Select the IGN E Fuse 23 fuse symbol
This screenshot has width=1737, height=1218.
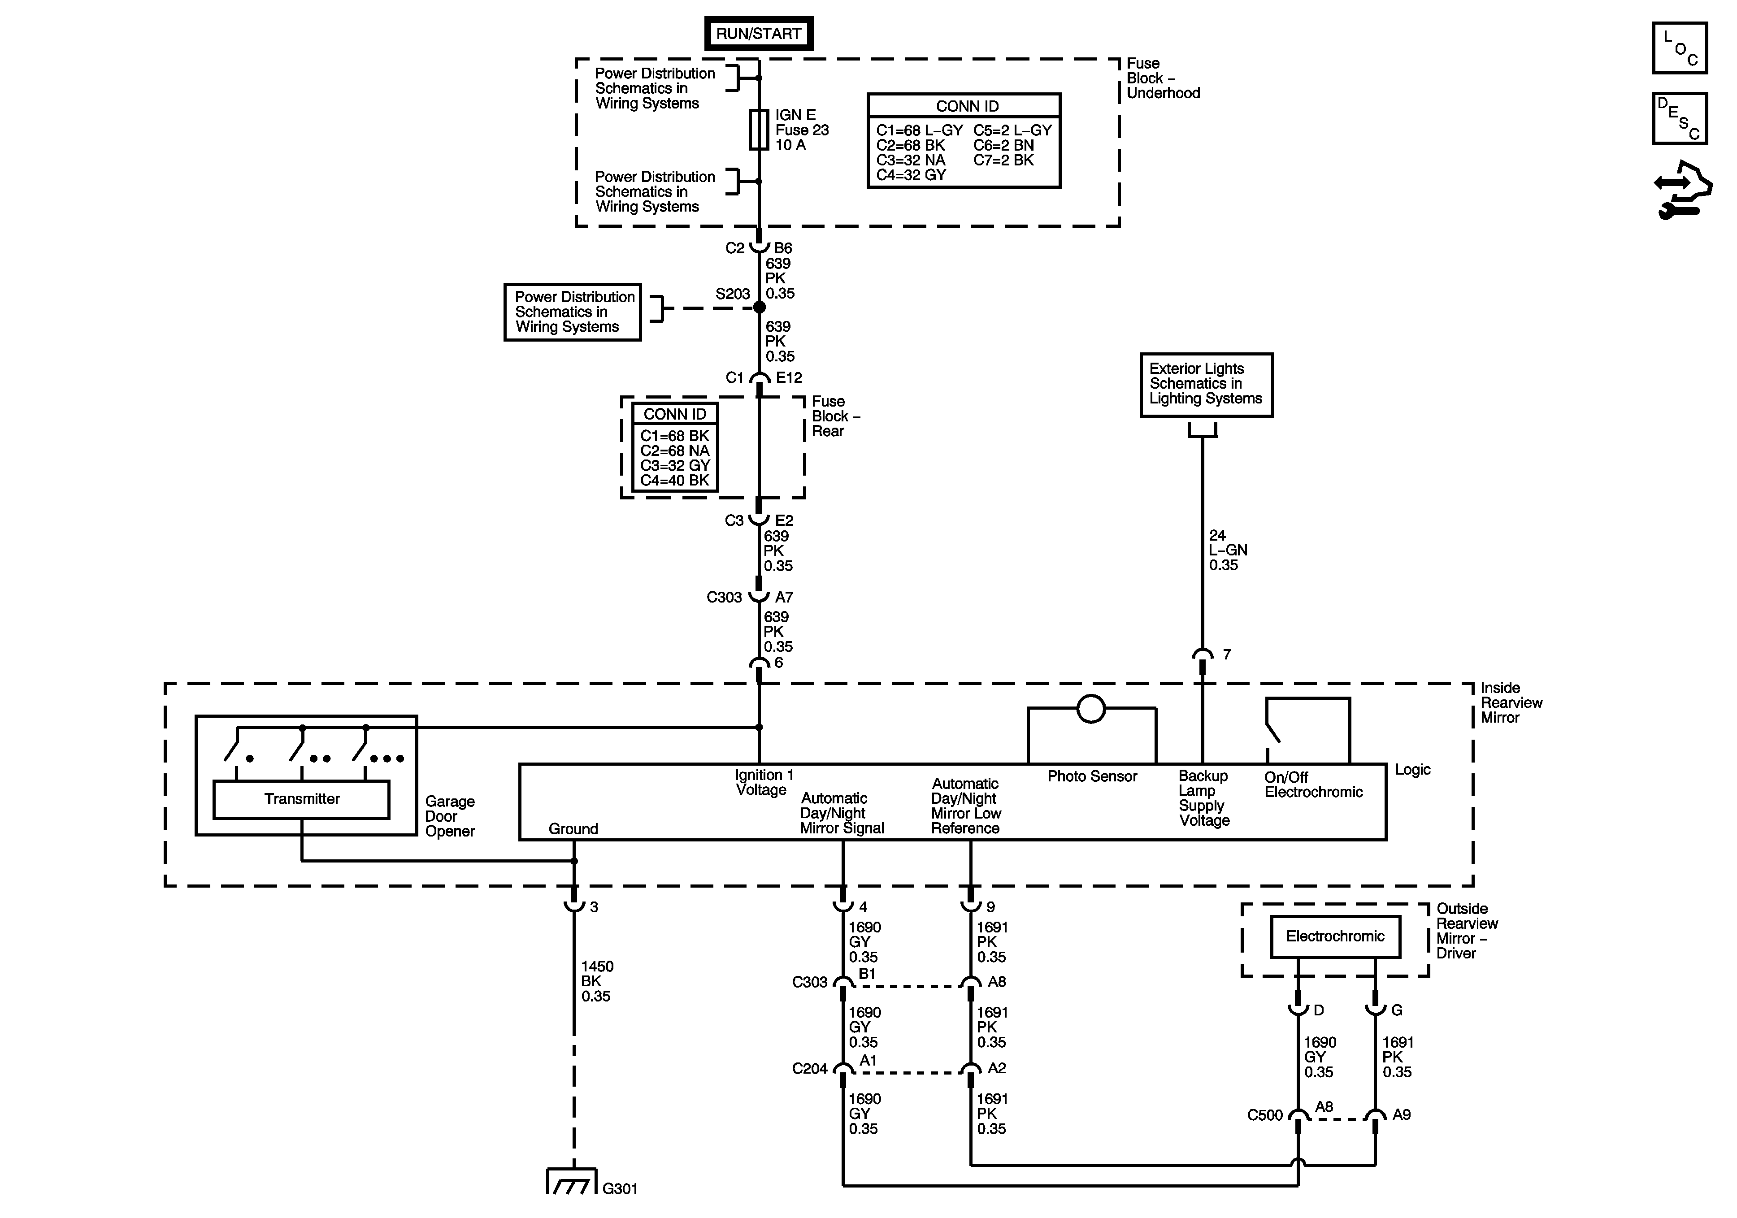pos(759,130)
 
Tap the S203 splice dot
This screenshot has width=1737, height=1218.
pos(760,307)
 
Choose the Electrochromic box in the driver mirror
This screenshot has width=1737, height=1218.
pos(1335,936)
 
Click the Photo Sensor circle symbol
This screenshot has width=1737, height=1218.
pos(1091,709)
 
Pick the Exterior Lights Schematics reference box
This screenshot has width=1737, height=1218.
pos(1207,384)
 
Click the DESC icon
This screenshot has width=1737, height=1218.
pos(1680,118)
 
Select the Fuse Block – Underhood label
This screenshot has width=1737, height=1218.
pos(1163,78)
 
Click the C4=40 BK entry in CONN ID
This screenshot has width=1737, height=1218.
pos(675,481)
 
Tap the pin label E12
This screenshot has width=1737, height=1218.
pos(789,377)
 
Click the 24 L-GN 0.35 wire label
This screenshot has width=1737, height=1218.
pos(1227,550)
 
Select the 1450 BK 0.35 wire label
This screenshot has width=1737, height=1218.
pos(597,981)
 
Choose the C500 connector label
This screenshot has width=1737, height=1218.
pos(1265,1115)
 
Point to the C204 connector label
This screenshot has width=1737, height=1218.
pos(809,1069)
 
